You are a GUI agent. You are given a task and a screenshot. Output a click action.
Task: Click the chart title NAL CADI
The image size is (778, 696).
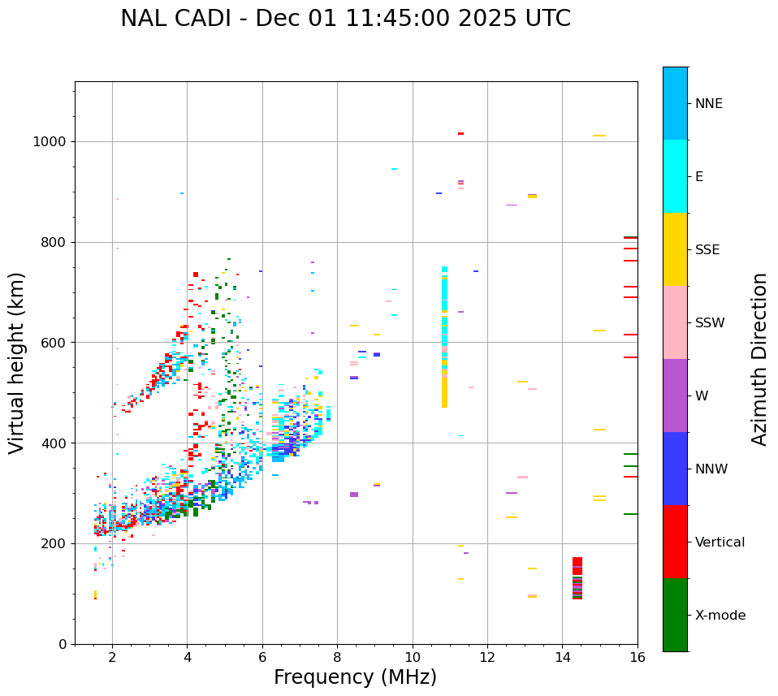(x=345, y=19)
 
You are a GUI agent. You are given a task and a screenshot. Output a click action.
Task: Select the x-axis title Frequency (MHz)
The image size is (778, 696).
(x=355, y=677)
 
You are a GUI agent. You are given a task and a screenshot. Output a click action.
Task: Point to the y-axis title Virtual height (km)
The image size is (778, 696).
(x=17, y=362)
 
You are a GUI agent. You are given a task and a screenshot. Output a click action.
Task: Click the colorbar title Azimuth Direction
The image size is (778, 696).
(x=759, y=359)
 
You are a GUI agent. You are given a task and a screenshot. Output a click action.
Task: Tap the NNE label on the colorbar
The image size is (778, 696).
(x=708, y=104)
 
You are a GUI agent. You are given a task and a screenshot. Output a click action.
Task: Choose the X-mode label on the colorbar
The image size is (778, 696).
(x=720, y=616)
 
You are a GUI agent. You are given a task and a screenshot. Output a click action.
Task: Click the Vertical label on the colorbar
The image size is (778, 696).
(x=720, y=543)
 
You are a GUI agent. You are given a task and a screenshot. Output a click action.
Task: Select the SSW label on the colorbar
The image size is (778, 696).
(x=710, y=323)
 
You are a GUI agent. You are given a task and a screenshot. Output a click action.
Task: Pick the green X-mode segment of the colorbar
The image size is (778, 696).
(x=675, y=615)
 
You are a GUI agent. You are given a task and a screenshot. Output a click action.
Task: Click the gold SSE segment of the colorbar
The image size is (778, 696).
(x=675, y=249)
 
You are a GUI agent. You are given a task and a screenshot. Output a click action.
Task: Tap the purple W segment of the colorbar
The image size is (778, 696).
(x=675, y=396)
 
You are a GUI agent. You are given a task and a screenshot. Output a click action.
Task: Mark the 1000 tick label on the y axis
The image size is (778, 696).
(x=49, y=142)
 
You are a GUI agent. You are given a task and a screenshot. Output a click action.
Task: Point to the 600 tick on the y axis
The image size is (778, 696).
(x=54, y=343)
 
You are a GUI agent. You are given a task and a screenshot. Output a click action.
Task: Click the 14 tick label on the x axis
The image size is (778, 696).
(x=562, y=656)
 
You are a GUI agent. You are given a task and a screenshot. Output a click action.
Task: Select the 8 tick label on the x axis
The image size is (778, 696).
(x=337, y=656)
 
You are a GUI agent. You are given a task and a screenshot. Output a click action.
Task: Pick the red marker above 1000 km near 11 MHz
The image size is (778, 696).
(x=460, y=133)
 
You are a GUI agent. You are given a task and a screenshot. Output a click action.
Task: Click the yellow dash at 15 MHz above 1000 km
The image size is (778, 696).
(x=599, y=136)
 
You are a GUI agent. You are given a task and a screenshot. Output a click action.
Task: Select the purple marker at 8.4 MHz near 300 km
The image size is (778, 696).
(x=354, y=495)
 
